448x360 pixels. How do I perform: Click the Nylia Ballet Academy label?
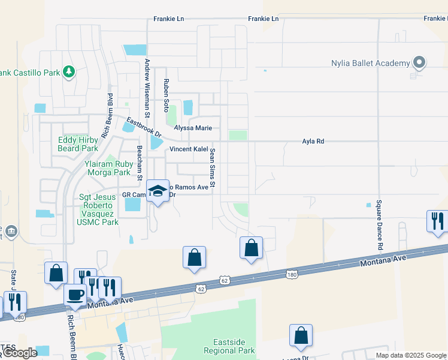(x=370, y=63)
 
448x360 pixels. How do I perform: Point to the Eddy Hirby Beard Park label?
(x=77, y=144)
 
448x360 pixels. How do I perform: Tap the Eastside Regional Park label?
(x=229, y=346)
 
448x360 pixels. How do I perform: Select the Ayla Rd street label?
(x=313, y=142)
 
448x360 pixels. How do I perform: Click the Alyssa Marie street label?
(x=193, y=128)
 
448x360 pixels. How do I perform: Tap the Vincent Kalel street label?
(x=189, y=149)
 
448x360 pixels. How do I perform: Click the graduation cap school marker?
(x=158, y=192)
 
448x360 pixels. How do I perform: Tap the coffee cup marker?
(x=75, y=295)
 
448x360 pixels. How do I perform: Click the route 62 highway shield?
(x=224, y=280)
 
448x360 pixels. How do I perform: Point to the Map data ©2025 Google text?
(x=410, y=355)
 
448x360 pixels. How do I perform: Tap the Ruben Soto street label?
(x=167, y=96)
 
